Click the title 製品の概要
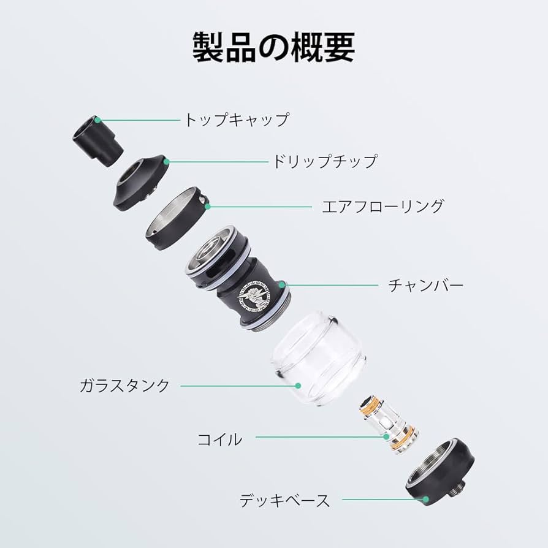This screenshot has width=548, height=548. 274,47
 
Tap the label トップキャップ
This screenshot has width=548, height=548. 236,119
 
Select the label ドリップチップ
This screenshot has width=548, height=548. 324,162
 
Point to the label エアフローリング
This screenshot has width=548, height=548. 382,206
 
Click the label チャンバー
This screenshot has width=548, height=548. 425,285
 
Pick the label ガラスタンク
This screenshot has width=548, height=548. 124,386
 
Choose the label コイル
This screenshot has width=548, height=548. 219,439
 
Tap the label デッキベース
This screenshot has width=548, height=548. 284,500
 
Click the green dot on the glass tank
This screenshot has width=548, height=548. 298,386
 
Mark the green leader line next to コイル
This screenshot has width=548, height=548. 319,437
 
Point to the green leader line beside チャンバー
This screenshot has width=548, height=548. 331,285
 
